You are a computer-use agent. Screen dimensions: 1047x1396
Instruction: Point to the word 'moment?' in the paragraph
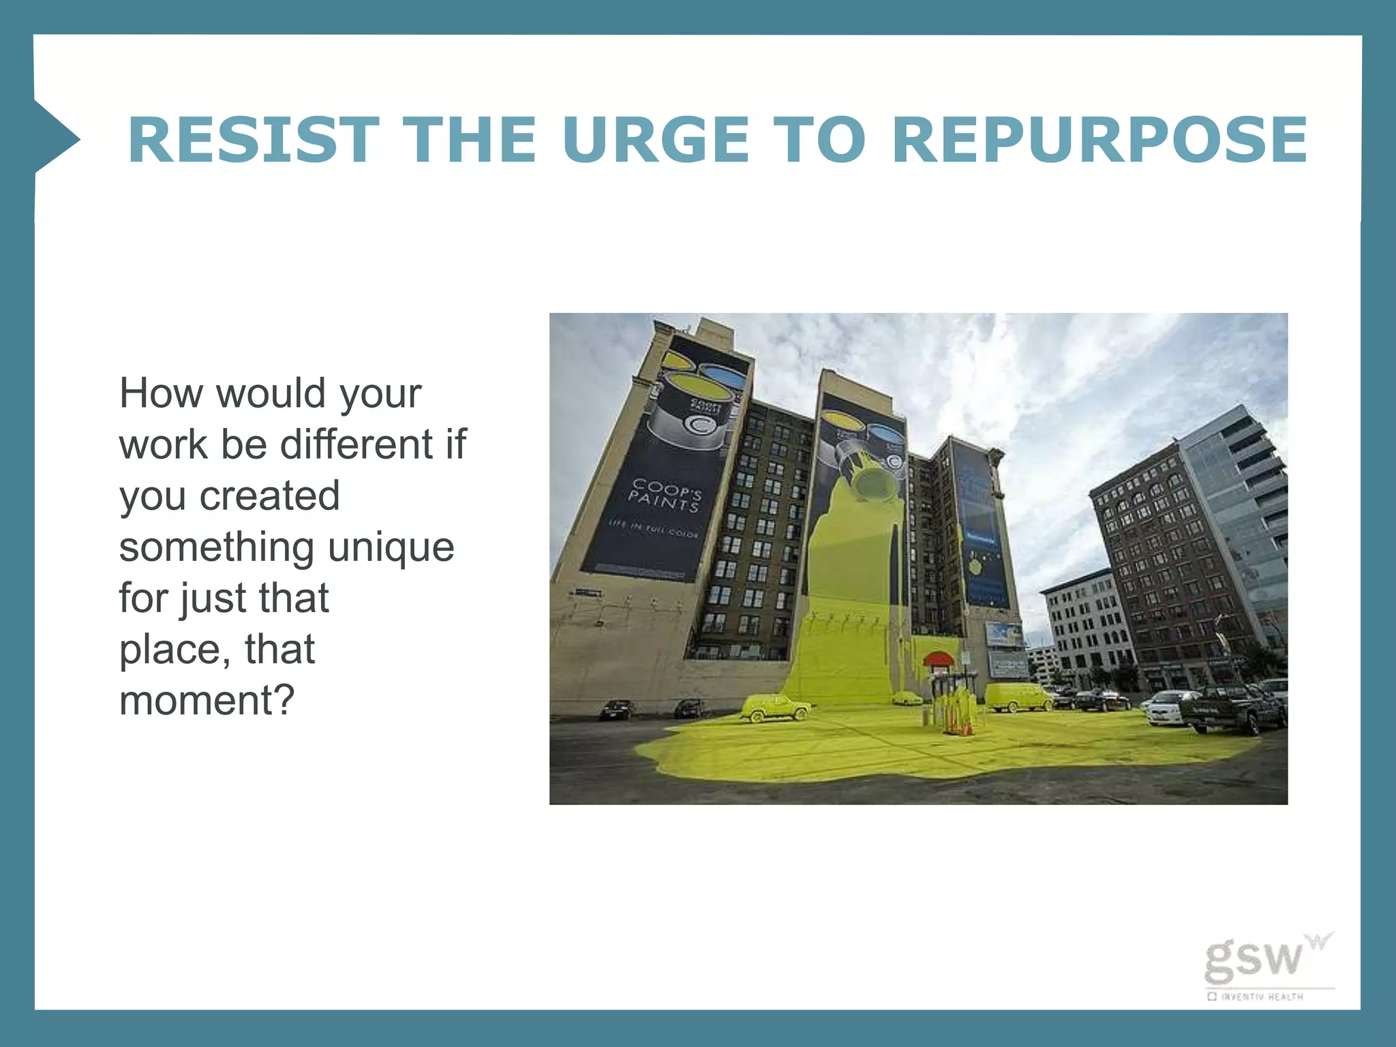207,701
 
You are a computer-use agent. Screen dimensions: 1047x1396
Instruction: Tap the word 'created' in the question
269,496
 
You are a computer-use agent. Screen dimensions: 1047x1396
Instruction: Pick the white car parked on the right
1167,708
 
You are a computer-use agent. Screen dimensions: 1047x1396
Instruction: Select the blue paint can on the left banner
723,375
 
